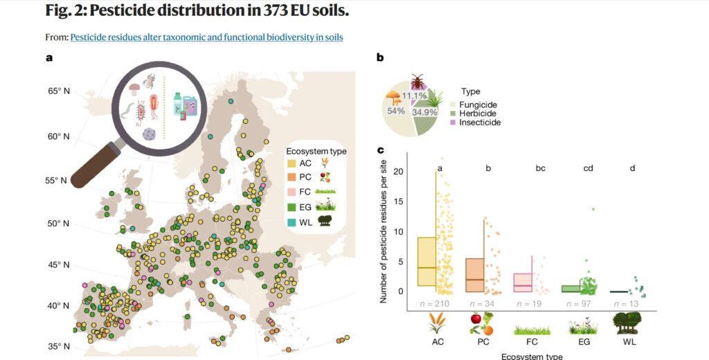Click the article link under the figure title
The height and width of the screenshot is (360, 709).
[x=206, y=37]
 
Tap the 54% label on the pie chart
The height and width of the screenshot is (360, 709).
[x=395, y=111]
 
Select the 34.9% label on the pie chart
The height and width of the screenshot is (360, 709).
[x=424, y=111]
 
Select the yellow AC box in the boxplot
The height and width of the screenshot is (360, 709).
[x=427, y=262]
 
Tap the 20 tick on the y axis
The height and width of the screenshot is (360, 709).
[x=397, y=171]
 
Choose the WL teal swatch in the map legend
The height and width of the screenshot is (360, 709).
[x=293, y=221]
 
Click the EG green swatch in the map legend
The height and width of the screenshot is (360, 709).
[x=293, y=206]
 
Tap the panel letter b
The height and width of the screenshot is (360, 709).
[x=380, y=58]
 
